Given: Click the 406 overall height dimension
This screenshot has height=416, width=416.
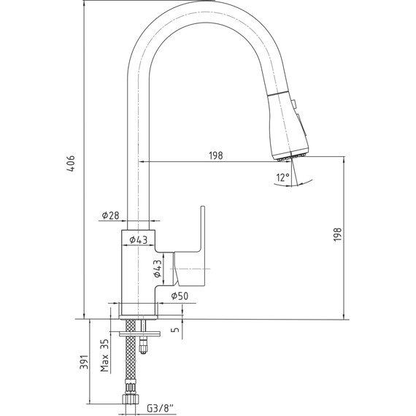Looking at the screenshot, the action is pyautogui.click(x=71, y=163).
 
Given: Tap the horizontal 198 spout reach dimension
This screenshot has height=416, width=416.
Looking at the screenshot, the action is pyautogui.click(x=216, y=155).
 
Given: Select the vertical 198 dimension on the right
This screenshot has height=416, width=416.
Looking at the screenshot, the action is pyautogui.click(x=337, y=234).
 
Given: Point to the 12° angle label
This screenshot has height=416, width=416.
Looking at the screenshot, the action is pyautogui.click(x=283, y=177).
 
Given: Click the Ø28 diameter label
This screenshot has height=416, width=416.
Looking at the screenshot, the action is pyautogui.click(x=111, y=215).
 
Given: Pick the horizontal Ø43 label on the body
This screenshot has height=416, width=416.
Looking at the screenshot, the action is pyautogui.click(x=139, y=240).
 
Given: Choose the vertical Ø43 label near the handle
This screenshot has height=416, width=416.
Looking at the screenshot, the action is pyautogui.click(x=158, y=269).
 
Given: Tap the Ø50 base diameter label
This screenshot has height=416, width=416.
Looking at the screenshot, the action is pyautogui.click(x=180, y=296).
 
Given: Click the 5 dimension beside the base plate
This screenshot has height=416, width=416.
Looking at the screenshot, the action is pyautogui.click(x=176, y=330).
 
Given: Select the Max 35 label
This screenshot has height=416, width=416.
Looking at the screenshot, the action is pyautogui.click(x=105, y=355).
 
